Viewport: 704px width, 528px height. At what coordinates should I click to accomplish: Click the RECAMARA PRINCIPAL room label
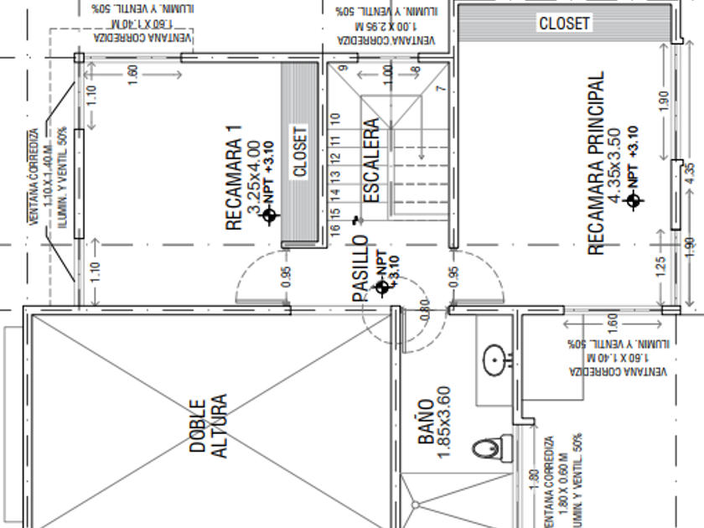(x=595, y=163)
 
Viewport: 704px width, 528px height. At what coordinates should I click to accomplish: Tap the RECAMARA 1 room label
(x=234, y=178)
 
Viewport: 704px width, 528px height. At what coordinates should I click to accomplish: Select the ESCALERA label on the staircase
(x=372, y=161)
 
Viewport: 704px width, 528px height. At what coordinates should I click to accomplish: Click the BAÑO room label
(x=425, y=417)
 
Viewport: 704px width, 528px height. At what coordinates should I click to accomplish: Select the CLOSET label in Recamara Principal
(x=564, y=23)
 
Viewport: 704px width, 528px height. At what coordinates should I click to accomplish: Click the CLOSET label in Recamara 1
(x=300, y=151)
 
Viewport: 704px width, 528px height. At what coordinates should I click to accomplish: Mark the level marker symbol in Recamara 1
(x=269, y=216)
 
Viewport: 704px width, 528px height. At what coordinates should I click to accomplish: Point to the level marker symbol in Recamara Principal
(x=634, y=200)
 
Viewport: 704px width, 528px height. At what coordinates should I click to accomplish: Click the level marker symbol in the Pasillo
(x=383, y=287)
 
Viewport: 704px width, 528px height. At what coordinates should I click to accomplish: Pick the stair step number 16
(x=334, y=227)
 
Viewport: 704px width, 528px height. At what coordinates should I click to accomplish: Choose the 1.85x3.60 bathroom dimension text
(x=445, y=421)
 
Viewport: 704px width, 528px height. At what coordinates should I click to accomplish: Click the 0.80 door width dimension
(x=424, y=313)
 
